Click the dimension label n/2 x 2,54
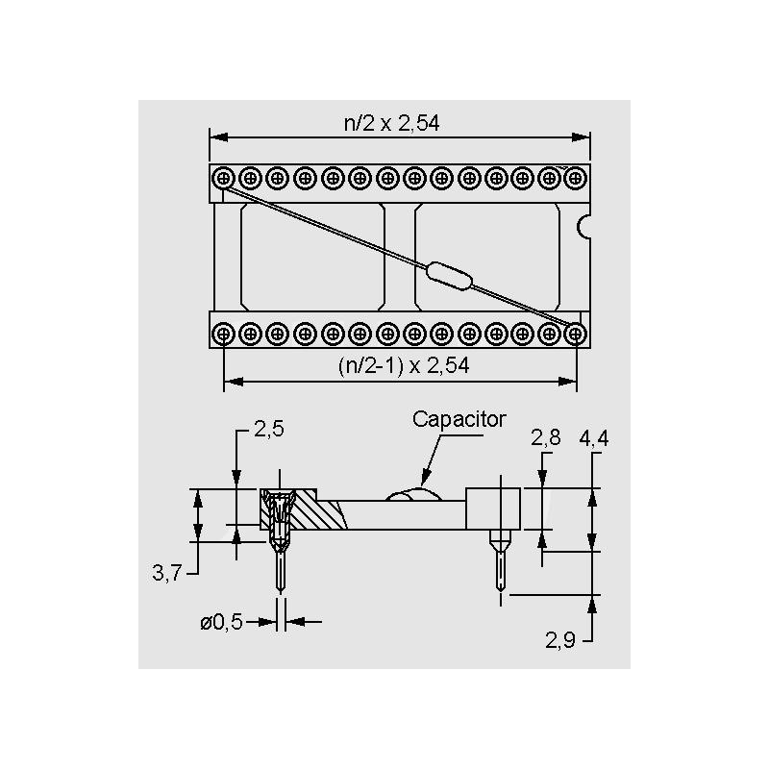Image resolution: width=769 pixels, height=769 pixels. coord(391,123)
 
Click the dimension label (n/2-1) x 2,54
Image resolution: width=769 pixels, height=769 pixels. coord(404,366)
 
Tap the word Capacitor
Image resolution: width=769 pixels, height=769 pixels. coord(459,419)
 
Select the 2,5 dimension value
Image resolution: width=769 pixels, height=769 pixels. coord(269,429)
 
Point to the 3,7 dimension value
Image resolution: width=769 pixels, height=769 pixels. coord(166,573)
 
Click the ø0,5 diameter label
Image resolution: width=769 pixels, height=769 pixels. coord(222,622)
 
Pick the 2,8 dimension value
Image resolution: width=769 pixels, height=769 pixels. coord(545,437)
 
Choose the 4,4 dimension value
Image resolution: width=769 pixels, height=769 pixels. coord(594,438)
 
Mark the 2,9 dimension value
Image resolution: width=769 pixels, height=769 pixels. coord(560,640)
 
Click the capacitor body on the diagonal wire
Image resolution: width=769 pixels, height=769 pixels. coord(449,276)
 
